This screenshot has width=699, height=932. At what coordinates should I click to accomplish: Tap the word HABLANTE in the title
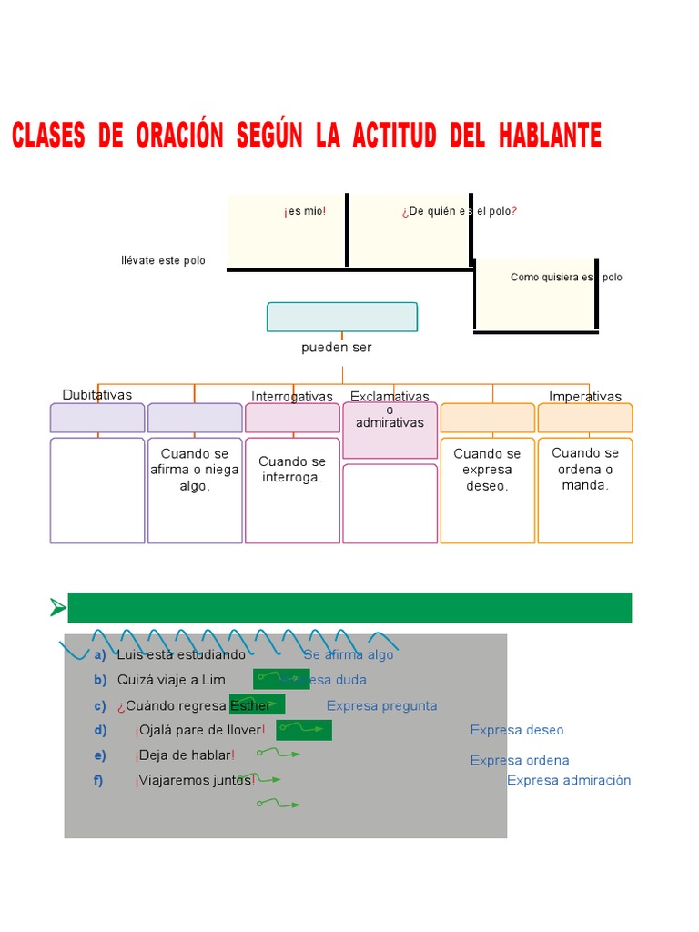550,137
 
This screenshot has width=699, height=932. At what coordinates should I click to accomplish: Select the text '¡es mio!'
305,211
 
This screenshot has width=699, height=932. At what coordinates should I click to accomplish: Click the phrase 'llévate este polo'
163,261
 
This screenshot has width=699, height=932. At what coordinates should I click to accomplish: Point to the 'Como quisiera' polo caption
566,278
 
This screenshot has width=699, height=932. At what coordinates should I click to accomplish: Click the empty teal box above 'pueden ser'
342,317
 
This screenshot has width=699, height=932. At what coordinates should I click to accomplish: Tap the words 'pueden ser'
337,348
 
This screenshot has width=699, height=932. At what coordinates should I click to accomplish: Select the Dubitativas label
97,395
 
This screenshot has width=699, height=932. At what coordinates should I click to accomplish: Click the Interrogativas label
292,397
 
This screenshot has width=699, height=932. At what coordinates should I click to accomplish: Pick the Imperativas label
585,397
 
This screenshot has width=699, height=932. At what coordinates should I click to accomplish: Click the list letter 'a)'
100,655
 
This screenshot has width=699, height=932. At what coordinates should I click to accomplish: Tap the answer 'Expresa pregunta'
381,706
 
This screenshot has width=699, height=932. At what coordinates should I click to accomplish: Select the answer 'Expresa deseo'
517,730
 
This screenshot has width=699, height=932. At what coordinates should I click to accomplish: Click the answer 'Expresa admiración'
569,780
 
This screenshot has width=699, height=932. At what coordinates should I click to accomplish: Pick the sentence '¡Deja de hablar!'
186,755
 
